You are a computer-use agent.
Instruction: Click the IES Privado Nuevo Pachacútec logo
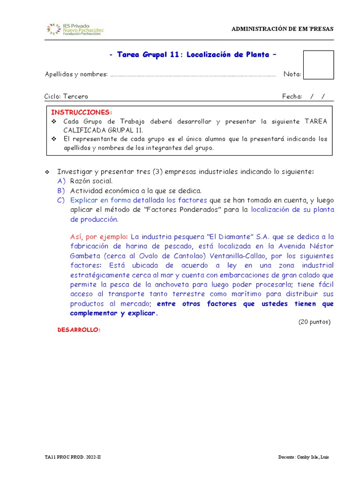tap(75, 29)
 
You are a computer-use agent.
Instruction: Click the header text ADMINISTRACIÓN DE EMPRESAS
tap(283, 29)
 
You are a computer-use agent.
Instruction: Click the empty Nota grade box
tap(318, 65)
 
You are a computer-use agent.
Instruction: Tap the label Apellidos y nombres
tap(76, 74)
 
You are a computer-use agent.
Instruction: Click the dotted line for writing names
tap(193, 75)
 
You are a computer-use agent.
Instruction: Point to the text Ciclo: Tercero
tap(66, 97)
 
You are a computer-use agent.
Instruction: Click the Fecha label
tap(292, 97)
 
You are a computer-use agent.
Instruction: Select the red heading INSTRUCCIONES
tap(82, 112)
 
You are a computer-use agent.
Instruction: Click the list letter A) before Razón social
tap(61, 181)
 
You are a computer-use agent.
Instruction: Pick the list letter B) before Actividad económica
tap(61, 191)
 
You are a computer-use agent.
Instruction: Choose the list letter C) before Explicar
tap(61, 200)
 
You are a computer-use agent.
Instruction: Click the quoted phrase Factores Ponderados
tap(180, 210)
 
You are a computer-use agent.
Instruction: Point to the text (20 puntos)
tap(314, 322)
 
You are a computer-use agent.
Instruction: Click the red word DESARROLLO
tap(79, 330)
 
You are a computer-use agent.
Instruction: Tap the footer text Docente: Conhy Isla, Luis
tap(303, 457)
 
